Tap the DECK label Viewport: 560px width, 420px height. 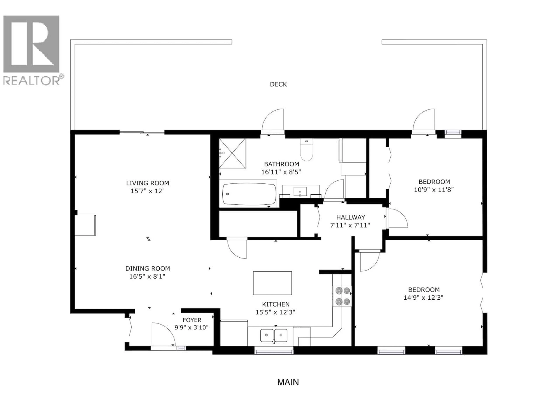[278, 84]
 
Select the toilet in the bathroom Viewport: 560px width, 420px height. [306, 151]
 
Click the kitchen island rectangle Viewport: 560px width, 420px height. [272, 283]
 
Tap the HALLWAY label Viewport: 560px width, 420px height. [350, 217]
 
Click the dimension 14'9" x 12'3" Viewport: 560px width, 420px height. [423, 297]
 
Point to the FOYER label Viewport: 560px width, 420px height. [192, 320]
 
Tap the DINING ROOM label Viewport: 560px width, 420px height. [148, 268]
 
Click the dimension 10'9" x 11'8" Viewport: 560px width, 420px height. [434, 190]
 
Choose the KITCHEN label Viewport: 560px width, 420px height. [276, 304]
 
